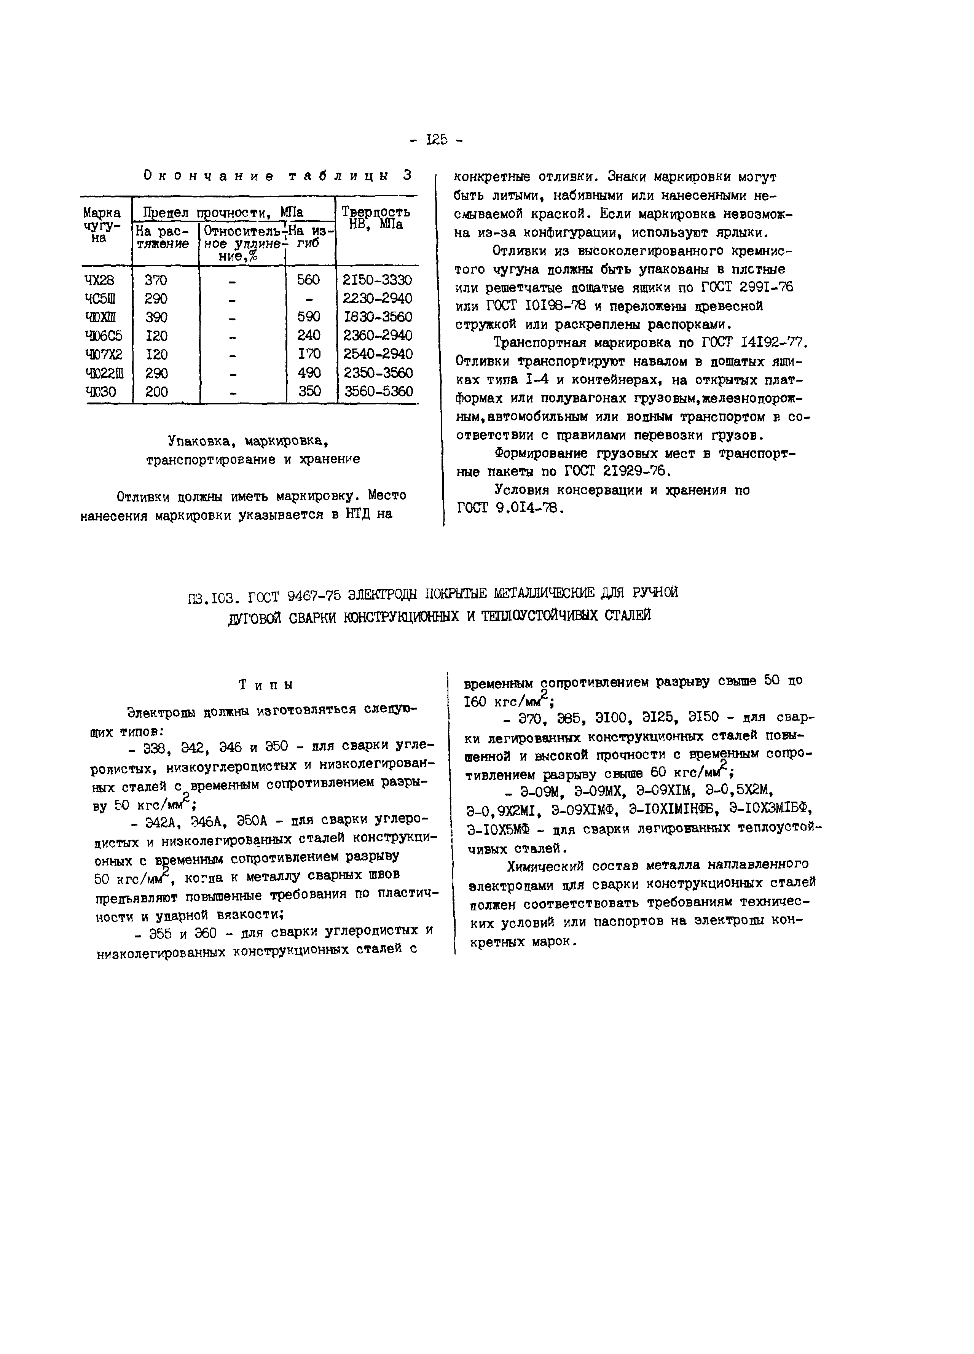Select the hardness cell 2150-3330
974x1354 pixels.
378,280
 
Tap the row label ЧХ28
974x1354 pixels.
99,280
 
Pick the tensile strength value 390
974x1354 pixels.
156,317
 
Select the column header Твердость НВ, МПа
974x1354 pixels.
376,218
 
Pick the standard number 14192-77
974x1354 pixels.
773,343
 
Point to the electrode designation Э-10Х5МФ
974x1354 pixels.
498,829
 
